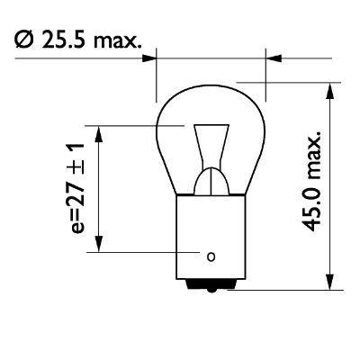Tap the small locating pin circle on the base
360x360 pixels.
click(x=211, y=256)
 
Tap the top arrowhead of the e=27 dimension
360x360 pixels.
click(x=100, y=130)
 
